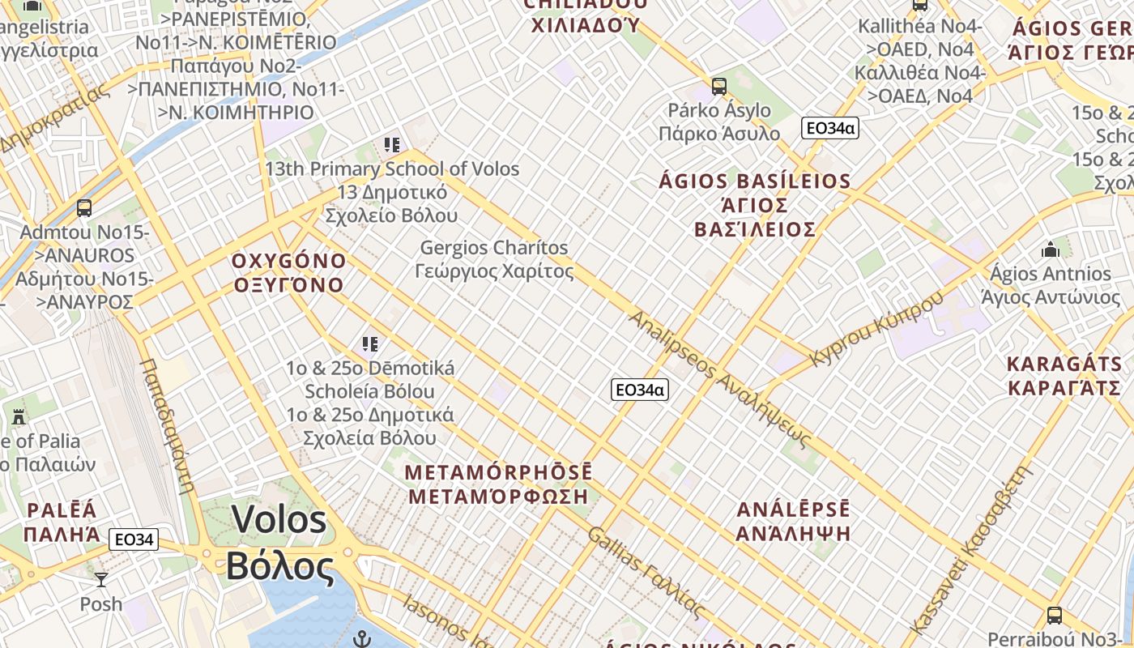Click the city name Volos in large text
[x=279, y=520]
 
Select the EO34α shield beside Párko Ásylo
[x=829, y=128]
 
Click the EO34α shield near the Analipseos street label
[x=639, y=390]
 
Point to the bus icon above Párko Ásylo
[x=718, y=87]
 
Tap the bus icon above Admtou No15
[x=84, y=208]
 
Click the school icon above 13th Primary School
[x=392, y=146]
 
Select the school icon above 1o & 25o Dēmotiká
[x=370, y=344]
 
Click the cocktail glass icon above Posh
[x=101, y=580]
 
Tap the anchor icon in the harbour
[x=362, y=639]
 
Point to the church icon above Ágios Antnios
[x=1051, y=249]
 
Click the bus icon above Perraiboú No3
[x=1054, y=615]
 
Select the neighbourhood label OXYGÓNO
[x=288, y=262]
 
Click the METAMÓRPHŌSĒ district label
[x=498, y=473]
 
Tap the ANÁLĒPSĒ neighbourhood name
[x=794, y=510]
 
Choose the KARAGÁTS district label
[x=1064, y=364]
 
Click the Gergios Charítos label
[x=494, y=248]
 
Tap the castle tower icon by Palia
[x=19, y=417]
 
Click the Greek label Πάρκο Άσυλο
[x=719, y=134]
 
